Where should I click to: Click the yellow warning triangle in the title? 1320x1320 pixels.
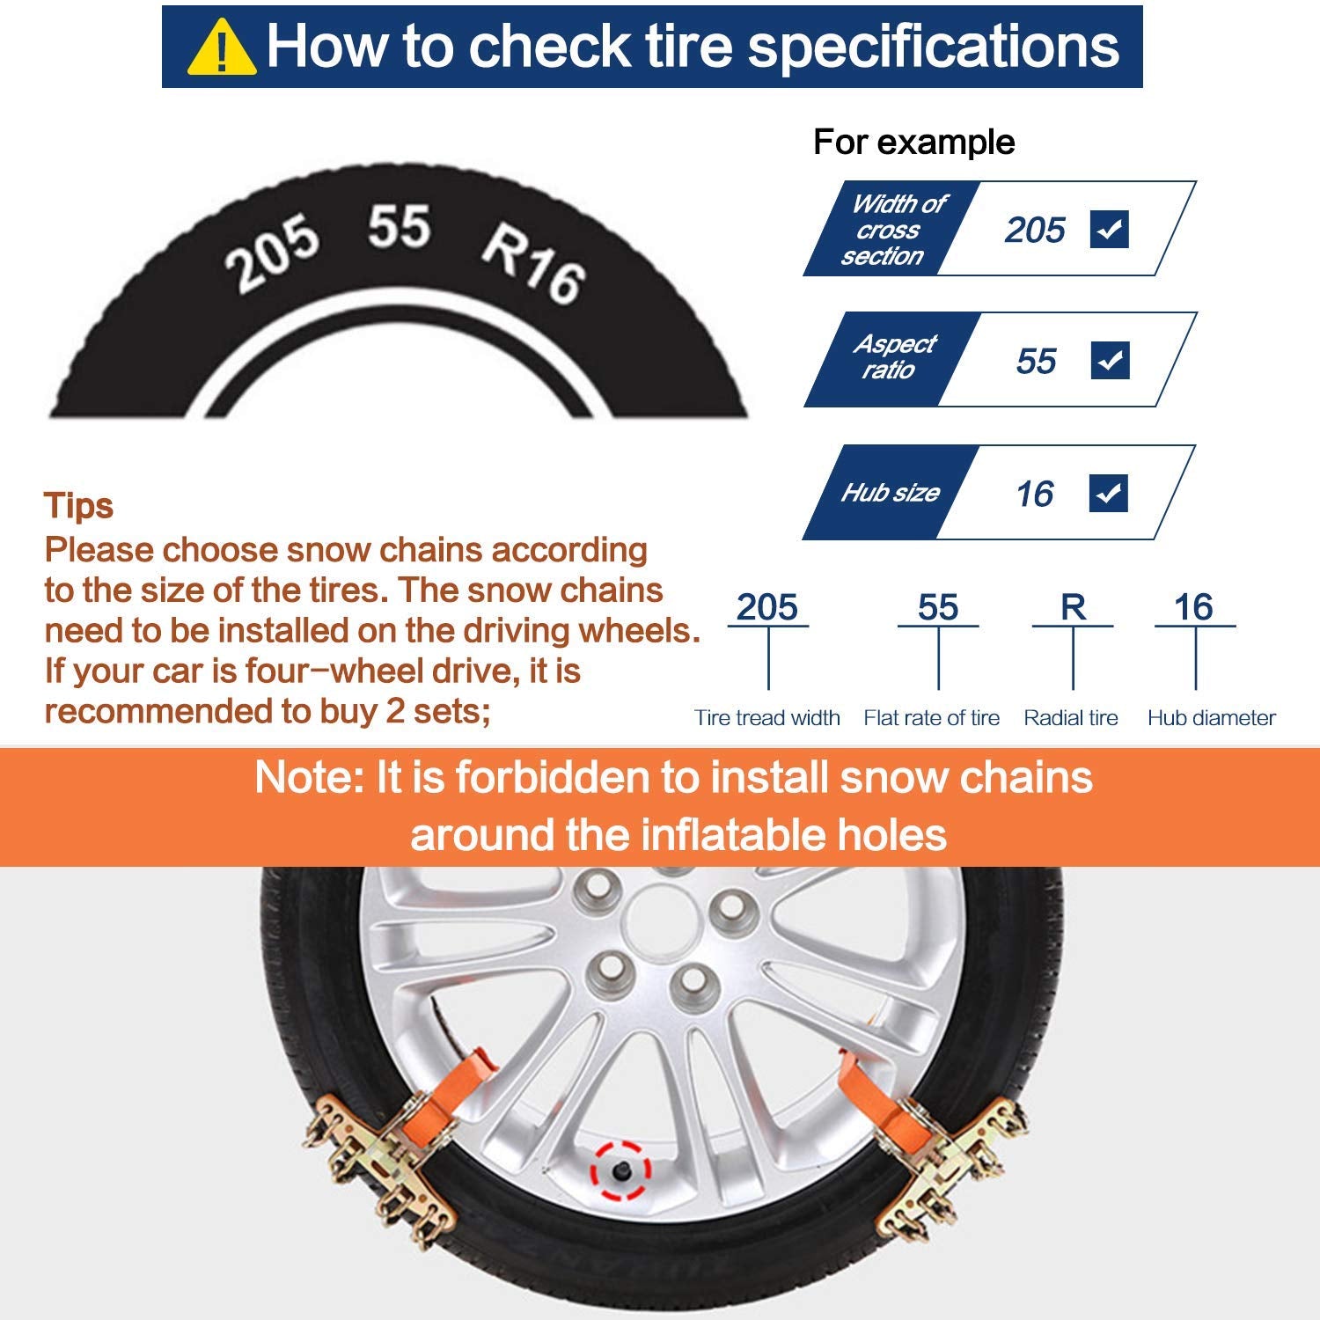pos(221,49)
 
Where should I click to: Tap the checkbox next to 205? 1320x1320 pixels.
pos(1109,230)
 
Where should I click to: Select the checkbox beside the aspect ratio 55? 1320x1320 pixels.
pos(1110,360)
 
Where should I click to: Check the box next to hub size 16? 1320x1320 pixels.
pos(1109,493)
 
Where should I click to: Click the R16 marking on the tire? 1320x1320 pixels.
pos(533,263)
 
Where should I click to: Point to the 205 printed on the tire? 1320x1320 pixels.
pos(271,253)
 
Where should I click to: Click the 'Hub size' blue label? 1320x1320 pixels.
pos(890,493)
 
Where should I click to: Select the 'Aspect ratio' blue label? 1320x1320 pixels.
pos(892,356)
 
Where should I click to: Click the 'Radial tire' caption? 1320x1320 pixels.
pos(1070,718)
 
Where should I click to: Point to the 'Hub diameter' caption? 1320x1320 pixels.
pos(1211,718)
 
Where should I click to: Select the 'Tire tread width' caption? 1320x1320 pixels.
pos(766,718)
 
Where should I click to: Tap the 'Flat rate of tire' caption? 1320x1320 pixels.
pos(931,718)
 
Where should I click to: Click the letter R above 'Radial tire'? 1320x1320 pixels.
pos(1073,607)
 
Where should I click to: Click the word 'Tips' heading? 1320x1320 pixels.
pos(78,507)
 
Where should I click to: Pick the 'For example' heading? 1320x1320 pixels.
pos(913,142)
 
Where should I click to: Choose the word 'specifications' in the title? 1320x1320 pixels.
pos(934,48)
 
